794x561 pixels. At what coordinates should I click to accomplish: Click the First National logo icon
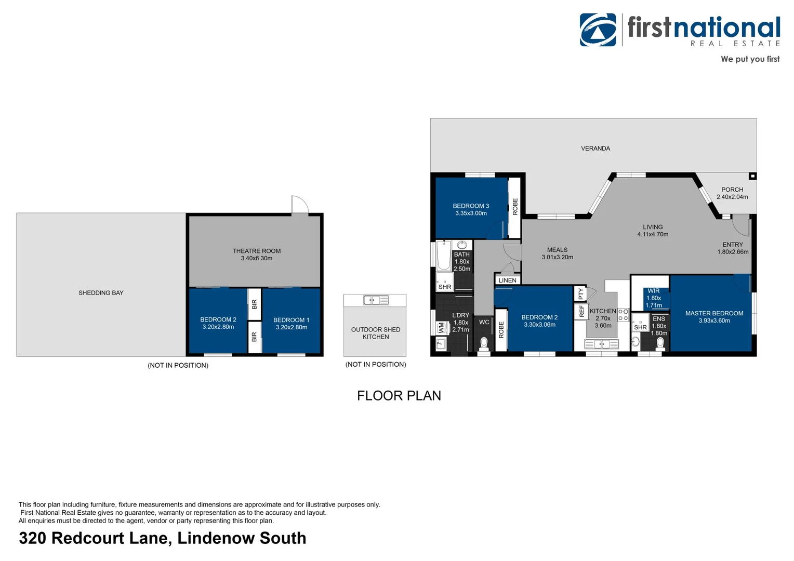tap(598, 30)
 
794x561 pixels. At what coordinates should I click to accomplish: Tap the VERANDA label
tap(595, 149)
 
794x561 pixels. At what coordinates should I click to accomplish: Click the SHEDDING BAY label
tap(101, 293)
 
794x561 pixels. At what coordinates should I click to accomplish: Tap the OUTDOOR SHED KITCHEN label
tap(375, 333)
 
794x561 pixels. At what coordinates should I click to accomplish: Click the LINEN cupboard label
tap(507, 280)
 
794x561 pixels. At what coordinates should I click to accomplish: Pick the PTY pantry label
tap(581, 293)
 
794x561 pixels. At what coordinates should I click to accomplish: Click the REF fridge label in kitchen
tap(581, 311)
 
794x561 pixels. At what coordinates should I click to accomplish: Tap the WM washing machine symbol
tap(441, 328)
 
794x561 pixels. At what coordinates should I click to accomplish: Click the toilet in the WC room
tap(484, 343)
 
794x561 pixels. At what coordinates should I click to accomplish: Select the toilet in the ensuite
tap(660, 343)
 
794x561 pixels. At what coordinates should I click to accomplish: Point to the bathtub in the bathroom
tap(444, 257)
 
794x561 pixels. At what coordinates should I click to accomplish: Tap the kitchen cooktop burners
tap(623, 315)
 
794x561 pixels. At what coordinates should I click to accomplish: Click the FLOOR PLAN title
tap(399, 396)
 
